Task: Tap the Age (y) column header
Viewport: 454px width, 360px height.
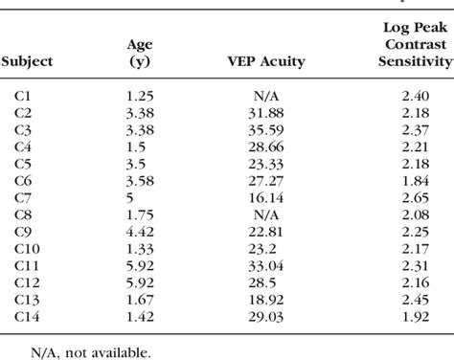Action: click(140, 52)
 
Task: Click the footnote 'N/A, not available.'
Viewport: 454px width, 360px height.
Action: click(77, 351)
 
